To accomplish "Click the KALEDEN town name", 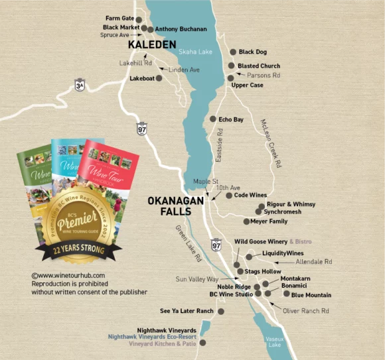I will (152, 44).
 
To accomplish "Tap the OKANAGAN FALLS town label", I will (169, 206).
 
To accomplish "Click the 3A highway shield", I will (79, 87).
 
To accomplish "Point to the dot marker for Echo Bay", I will (212, 119).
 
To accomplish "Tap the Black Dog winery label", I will (253, 52).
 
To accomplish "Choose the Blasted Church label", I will (259, 66).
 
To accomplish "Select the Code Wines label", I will (251, 196).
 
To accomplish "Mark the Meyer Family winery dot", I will (246, 221).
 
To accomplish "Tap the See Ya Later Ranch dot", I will (221, 311).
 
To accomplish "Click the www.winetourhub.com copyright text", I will (68, 275).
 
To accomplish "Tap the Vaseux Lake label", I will (275, 341).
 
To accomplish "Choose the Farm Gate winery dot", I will (139, 19).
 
